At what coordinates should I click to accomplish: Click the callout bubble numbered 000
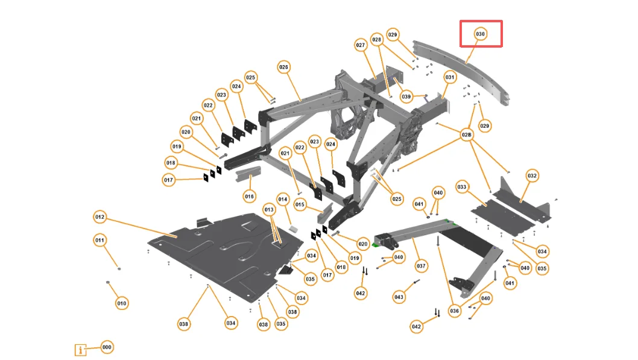[107, 347]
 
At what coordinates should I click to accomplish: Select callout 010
[122, 303]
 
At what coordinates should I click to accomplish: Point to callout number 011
[100, 240]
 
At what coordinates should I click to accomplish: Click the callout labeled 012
[100, 216]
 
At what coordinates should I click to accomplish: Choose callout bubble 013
[269, 209]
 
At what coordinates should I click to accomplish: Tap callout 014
[283, 199]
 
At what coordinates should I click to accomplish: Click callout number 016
[250, 196]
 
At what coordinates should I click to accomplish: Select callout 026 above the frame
[283, 66]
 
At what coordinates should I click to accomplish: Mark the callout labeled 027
[361, 45]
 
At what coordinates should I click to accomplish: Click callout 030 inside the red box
[481, 34]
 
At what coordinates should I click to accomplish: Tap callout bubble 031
[450, 77]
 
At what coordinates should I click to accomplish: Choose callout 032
[532, 175]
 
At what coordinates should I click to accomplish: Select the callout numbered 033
[462, 187]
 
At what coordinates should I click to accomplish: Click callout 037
[421, 265]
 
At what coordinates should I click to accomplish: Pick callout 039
[406, 96]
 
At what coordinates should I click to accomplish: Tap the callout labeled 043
[399, 297]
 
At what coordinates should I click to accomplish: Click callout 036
[454, 311]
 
